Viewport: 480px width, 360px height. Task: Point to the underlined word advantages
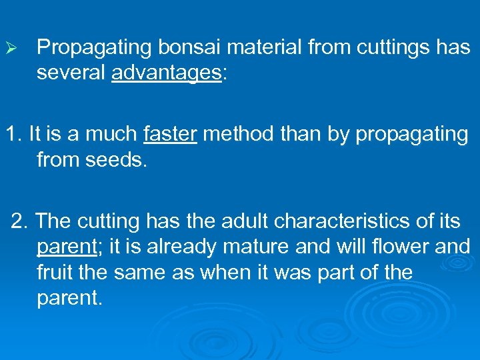[166, 73]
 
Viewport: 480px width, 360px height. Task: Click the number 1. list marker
[14, 134]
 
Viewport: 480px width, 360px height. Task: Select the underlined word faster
[170, 134]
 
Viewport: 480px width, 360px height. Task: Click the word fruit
[55, 273]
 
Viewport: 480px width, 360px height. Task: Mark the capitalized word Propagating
[93, 47]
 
